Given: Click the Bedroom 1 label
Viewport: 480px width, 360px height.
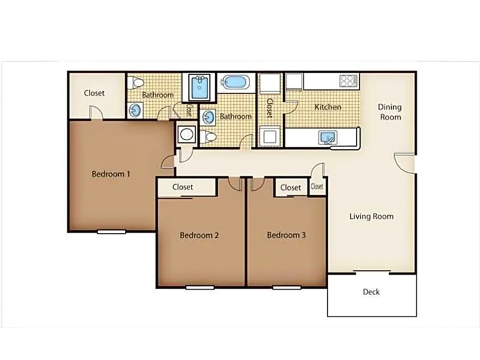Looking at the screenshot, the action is tap(111, 174).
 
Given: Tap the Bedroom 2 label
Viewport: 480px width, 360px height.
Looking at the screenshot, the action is tap(199, 235).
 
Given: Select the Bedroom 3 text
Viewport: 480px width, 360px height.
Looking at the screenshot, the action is tap(286, 235).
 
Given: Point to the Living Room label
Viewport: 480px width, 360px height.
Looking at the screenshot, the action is tap(371, 217).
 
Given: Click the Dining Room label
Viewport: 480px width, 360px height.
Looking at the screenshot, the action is tap(390, 112).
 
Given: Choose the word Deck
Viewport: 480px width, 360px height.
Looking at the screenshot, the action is tap(371, 292).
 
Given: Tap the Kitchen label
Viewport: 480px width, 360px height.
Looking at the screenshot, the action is tap(328, 107).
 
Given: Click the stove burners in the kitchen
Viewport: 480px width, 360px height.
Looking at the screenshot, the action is tap(349, 81).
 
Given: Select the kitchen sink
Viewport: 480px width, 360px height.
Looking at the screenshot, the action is tap(328, 137).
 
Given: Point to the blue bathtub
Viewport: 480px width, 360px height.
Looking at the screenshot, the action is tap(235, 82).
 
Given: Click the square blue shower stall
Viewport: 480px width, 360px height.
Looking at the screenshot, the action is tap(199, 87).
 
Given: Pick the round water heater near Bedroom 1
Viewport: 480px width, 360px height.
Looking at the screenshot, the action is tap(187, 134).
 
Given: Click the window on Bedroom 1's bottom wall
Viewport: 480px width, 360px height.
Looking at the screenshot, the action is tap(112, 232).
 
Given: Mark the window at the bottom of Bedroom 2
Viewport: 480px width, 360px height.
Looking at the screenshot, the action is tap(200, 287).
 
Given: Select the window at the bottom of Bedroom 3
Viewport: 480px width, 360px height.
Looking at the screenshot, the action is tap(287, 287).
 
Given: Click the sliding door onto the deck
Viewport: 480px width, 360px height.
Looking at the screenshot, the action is tap(372, 272).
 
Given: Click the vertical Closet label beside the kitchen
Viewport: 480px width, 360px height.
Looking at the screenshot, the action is tap(269, 108).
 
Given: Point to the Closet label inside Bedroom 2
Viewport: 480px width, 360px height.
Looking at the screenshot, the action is tap(182, 187).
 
